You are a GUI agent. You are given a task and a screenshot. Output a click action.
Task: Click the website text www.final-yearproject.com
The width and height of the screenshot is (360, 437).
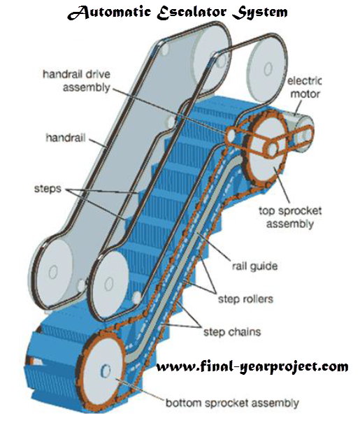(x=252, y=366)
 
